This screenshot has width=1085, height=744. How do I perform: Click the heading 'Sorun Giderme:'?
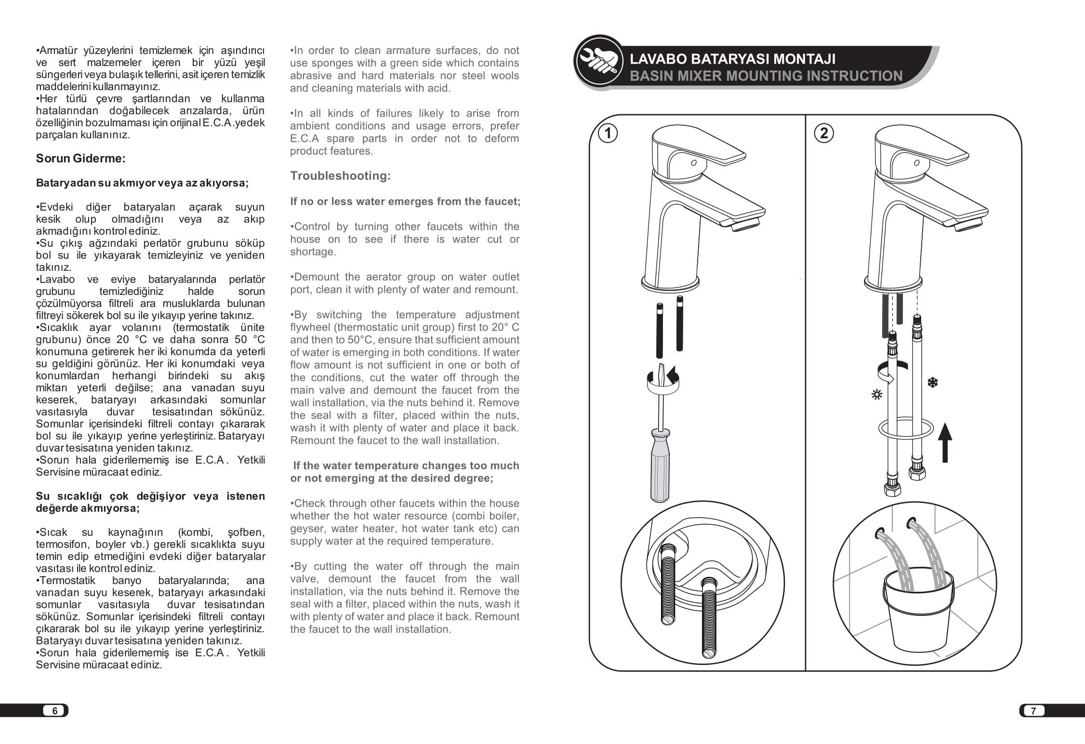[80, 159]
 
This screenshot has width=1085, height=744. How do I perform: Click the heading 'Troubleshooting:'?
[340, 176]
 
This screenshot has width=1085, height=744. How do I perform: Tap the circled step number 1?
[608, 133]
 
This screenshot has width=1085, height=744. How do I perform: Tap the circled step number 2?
[823, 133]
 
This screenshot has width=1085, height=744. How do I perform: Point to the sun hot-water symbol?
[876, 395]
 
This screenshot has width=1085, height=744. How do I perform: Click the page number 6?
[55, 711]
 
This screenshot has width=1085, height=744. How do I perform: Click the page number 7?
[1032, 711]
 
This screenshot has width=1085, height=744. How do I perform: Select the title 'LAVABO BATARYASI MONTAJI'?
[732, 59]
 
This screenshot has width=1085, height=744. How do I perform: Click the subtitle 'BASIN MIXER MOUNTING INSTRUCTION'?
[766, 76]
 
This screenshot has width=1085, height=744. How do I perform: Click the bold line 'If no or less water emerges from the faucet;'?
[405, 201]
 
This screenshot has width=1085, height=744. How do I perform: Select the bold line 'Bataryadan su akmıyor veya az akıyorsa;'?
[142, 183]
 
